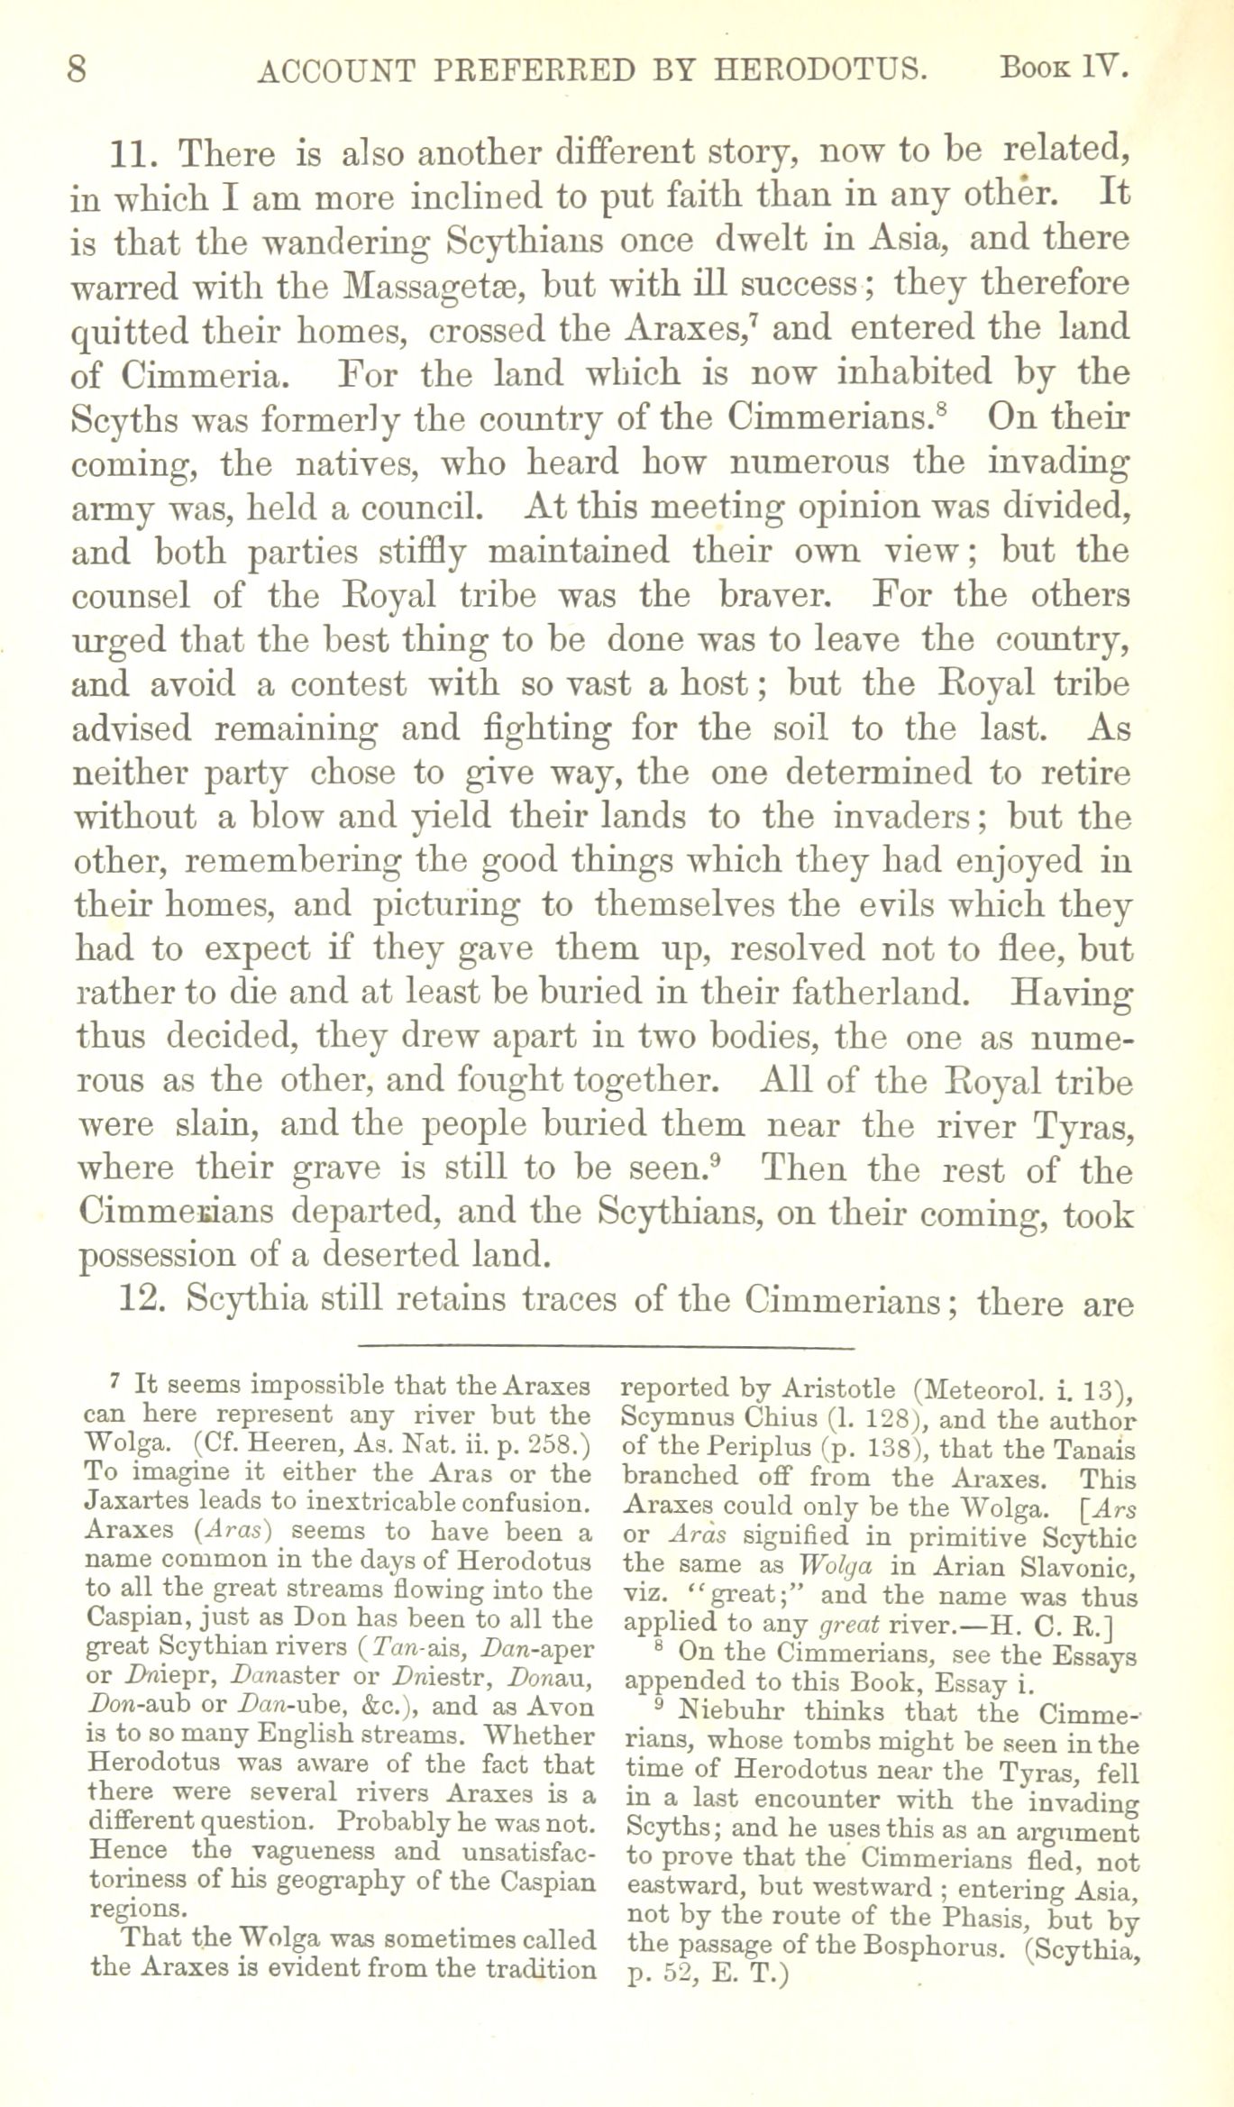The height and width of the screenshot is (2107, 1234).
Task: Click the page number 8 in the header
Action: [78, 69]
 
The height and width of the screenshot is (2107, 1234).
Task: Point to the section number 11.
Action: [133, 155]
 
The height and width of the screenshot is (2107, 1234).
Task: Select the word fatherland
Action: [888, 993]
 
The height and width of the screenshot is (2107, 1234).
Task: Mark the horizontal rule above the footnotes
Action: [605, 1349]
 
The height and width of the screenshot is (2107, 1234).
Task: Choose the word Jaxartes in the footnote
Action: [136, 1503]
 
